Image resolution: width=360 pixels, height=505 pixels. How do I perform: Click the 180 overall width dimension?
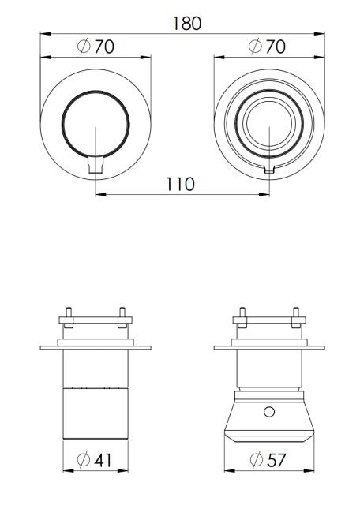click(x=187, y=24)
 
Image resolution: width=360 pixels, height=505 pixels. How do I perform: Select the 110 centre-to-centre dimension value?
click(x=181, y=184)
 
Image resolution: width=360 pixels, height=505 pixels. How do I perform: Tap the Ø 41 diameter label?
click(x=95, y=459)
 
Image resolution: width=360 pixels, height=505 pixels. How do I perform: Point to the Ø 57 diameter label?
click(x=268, y=459)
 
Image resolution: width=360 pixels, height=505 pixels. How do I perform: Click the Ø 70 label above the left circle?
click(x=96, y=47)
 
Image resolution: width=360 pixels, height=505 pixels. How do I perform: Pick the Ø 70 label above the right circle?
click(x=267, y=46)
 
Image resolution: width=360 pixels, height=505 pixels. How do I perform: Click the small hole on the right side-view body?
click(x=269, y=412)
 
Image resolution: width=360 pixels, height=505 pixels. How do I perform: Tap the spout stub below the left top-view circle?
click(x=96, y=164)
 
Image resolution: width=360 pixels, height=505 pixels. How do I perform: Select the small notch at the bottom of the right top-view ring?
click(x=269, y=170)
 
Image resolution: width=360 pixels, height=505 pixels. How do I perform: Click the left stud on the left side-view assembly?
click(x=68, y=317)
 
